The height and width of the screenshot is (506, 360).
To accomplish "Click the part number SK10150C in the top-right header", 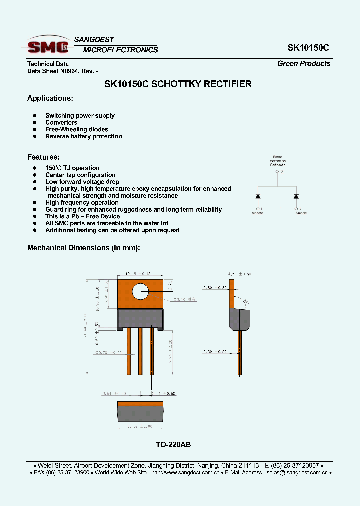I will pyautogui.click(x=308, y=48).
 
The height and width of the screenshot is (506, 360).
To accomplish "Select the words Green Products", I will pyautogui.click(x=304, y=64).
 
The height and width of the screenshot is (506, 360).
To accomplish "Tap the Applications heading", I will pyautogui.click(x=50, y=98).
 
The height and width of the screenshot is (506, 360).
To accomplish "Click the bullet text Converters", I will pyautogui.click(x=61, y=122).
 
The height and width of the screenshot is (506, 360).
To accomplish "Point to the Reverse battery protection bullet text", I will pyautogui.click(x=83, y=136).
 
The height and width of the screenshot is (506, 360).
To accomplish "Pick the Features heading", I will pyautogui.click(x=43, y=157).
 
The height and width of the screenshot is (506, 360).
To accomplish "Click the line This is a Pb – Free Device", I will pyautogui.click(x=82, y=216).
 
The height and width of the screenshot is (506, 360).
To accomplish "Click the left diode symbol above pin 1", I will pyautogui.click(x=258, y=196).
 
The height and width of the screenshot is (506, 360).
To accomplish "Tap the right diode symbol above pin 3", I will pyautogui.click(x=296, y=196).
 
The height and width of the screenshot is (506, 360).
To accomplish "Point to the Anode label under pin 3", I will pyautogui.click(x=301, y=213).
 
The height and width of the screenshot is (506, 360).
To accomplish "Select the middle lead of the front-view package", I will pyautogui.click(x=140, y=350).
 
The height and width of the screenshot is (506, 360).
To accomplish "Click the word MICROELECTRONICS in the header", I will pyautogui.click(x=120, y=50).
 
